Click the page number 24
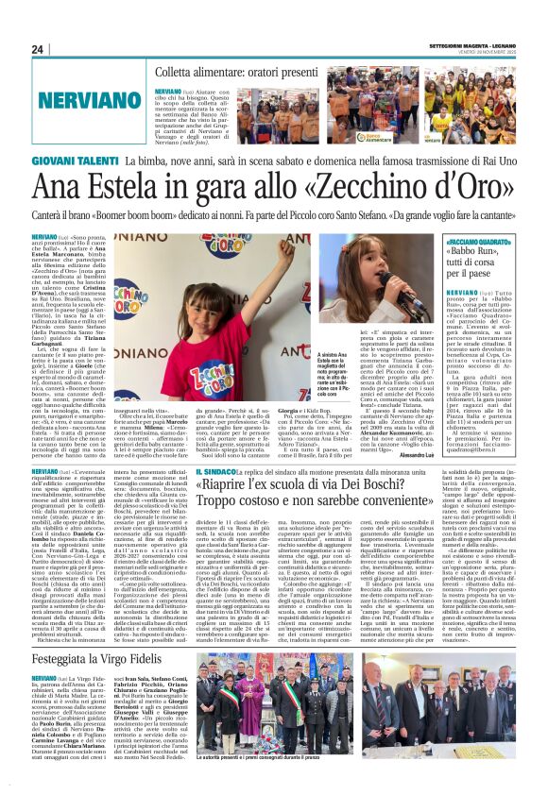coord(39,50)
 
